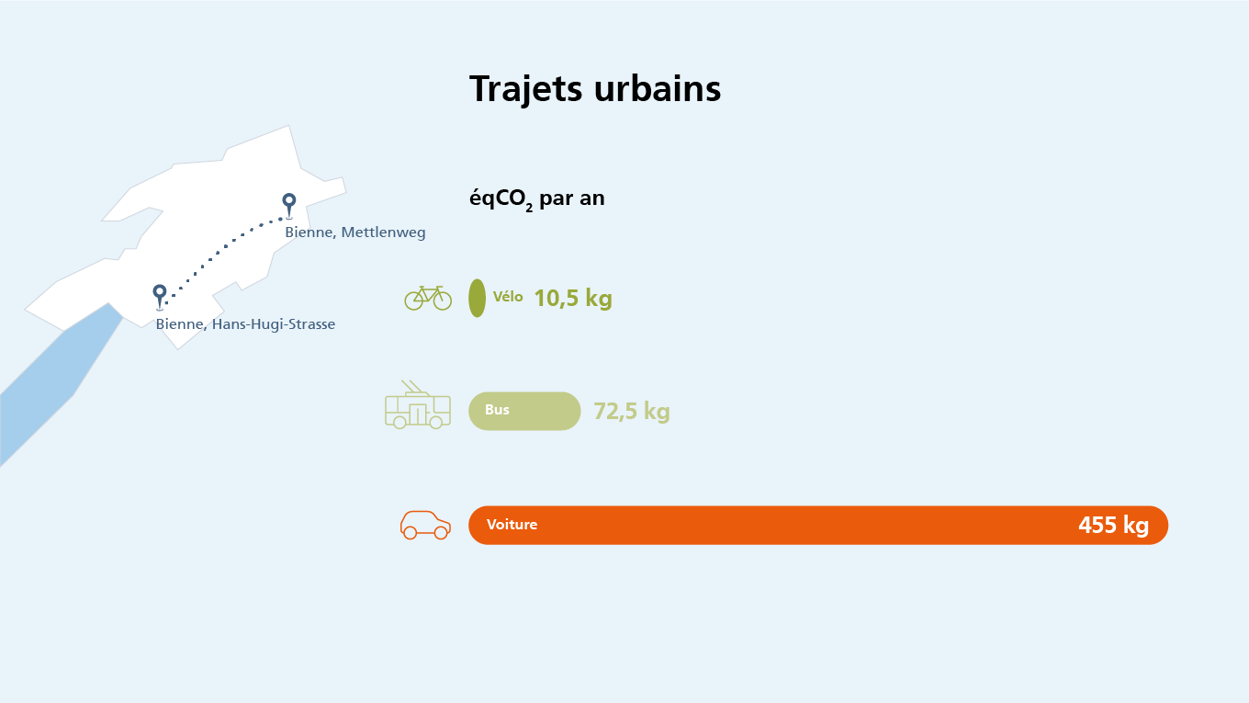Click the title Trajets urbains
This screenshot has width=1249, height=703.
(x=595, y=89)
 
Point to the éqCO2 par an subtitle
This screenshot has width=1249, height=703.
(x=537, y=199)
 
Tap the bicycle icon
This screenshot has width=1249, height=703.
(x=428, y=298)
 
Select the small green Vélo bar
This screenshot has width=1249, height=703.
(x=477, y=298)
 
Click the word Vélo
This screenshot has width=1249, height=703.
(x=508, y=296)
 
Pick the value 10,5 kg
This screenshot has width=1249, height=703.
(x=573, y=299)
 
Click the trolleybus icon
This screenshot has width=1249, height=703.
(x=418, y=404)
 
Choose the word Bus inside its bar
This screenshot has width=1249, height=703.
(x=497, y=410)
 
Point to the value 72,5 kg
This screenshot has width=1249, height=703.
(x=632, y=411)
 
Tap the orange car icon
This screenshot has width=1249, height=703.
(x=425, y=525)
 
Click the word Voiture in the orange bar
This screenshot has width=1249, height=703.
(x=512, y=525)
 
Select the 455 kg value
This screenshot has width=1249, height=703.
(x=1113, y=525)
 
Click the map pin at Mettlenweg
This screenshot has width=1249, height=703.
(x=288, y=205)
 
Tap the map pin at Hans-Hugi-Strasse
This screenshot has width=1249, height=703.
(x=160, y=296)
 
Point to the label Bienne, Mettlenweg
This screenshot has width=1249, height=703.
(x=355, y=232)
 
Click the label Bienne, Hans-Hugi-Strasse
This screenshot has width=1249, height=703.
(x=245, y=324)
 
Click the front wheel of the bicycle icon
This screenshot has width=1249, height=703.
(x=442, y=300)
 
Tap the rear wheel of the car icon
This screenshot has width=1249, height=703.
(x=410, y=532)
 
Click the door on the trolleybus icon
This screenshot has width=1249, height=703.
(x=418, y=414)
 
